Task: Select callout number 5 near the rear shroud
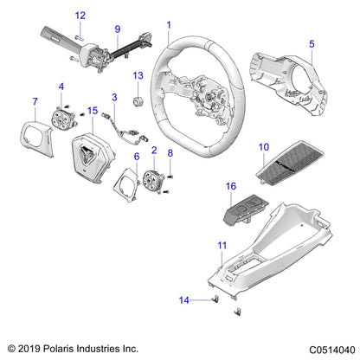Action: click(x=312, y=42)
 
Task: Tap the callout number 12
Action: click(x=80, y=16)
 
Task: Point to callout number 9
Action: click(x=118, y=29)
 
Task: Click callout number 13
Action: click(x=137, y=77)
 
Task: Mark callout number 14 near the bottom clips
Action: click(x=183, y=300)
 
